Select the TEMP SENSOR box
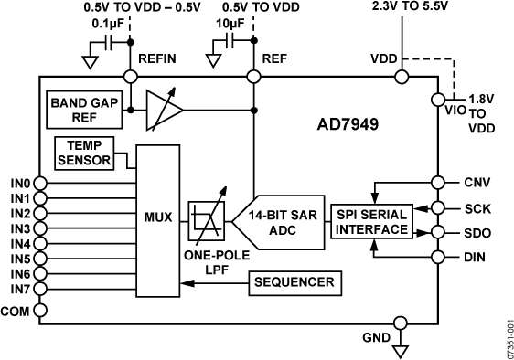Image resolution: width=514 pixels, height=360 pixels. pyautogui.click(x=85, y=153)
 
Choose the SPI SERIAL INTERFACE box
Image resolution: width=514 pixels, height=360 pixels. pyautogui.click(x=370, y=221)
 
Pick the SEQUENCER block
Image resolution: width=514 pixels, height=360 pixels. pyautogui.click(x=294, y=282)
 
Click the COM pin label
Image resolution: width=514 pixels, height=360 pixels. pyautogui.click(x=17, y=311)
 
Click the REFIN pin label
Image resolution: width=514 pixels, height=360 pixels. pyautogui.click(x=156, y=59)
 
